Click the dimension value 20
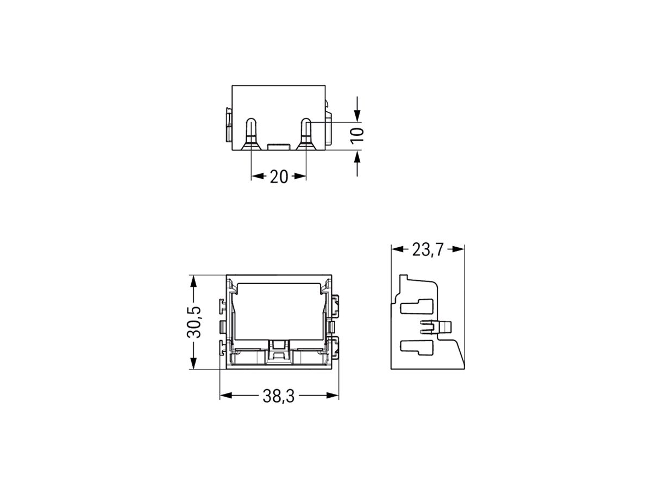pyautogui.click(x=278, y=177)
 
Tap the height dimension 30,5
pyautogui.click(x=195, y=323)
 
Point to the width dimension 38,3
pyautogui.click(x=278, y=397)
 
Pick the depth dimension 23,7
pyautogui.click(x=428, y=249)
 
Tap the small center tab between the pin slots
pyautogui.click(x=279, y=146)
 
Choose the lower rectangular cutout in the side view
pyautogui.click(x=416, y=347)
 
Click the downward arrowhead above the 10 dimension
pyautogui.click(x=357, y=116)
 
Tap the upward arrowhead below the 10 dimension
pyautogui.click(x=357, y=156)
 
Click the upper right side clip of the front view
pyautogui.click(x=335, y=305)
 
